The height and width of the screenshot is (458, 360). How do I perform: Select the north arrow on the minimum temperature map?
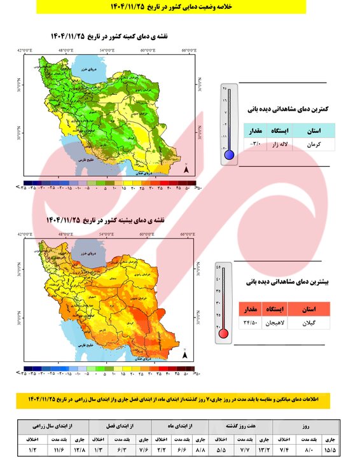186,169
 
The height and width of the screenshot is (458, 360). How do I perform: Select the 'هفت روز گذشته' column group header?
242,424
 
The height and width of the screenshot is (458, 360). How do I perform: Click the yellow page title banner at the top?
180,6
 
